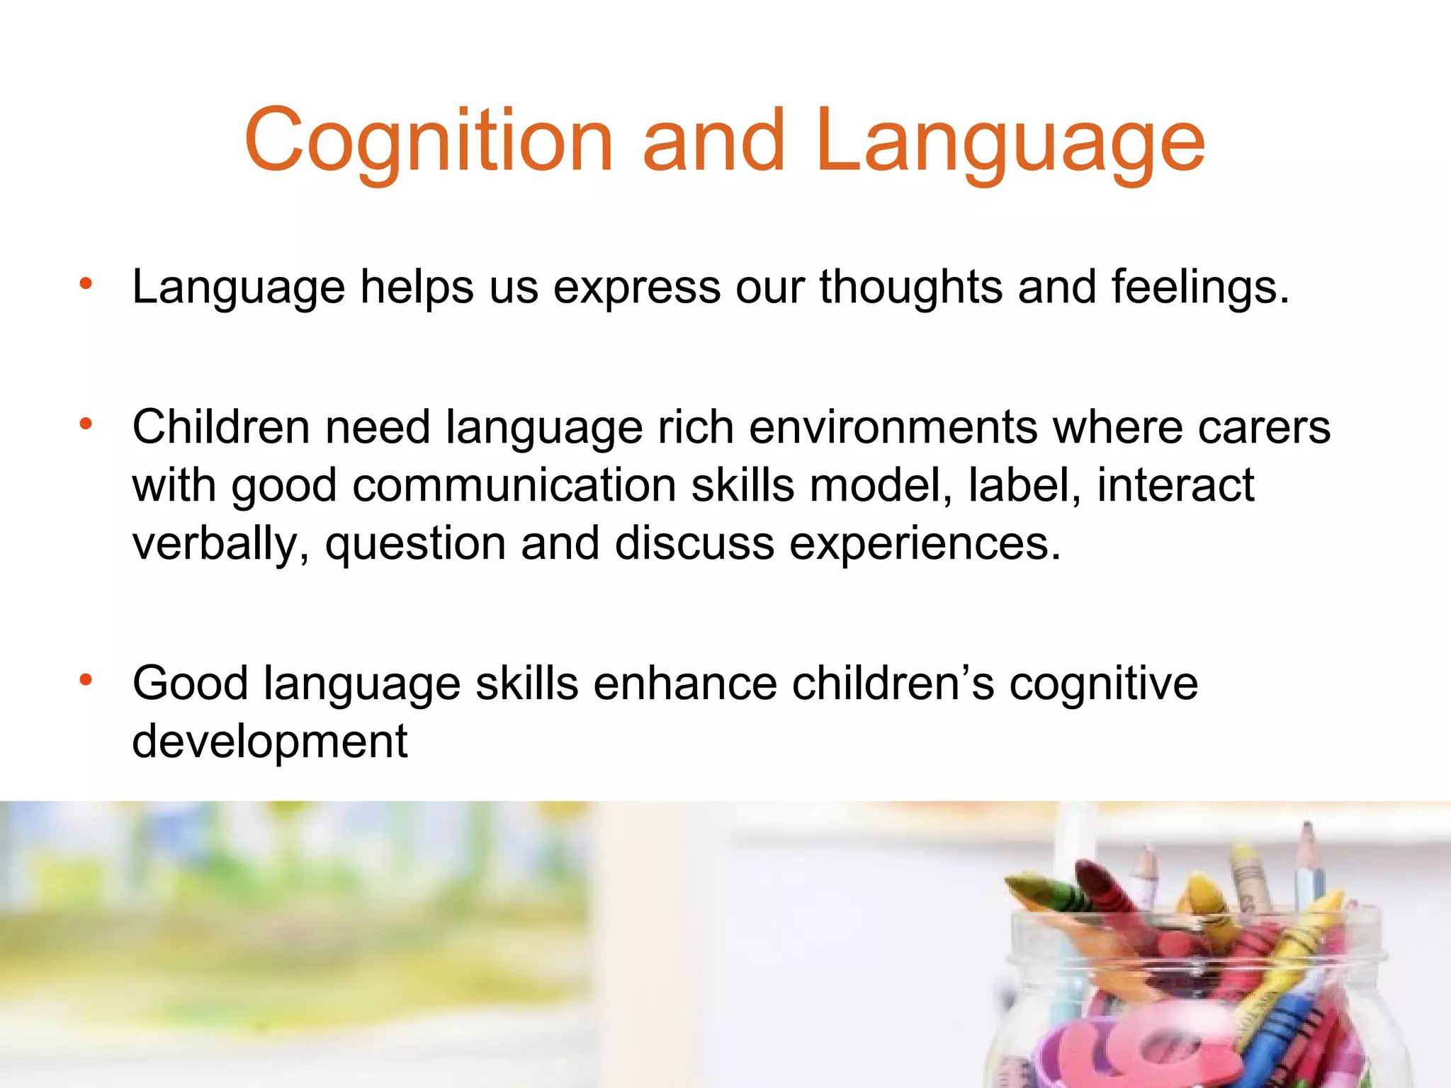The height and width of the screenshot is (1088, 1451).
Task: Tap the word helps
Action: pos(417,288)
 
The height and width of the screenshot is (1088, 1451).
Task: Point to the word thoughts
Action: pos(911,288)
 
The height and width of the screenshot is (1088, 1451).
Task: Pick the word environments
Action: pos(893,428)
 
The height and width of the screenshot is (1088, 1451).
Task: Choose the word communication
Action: pos(514,486)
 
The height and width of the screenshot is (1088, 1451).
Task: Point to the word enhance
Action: pos(685,684)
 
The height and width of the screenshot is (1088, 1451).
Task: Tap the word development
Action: pos(270,742)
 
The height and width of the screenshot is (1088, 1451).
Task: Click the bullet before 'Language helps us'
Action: pos(86,285)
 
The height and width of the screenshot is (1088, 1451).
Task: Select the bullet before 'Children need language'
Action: pos(86,425)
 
